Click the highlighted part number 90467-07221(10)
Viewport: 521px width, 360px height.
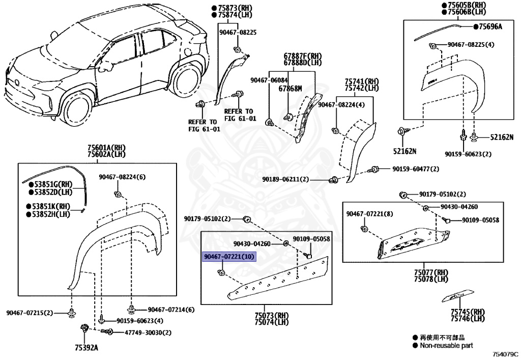pos(228,257)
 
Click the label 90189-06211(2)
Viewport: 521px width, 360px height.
pos(285,179)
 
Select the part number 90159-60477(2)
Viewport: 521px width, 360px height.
pos(415,169)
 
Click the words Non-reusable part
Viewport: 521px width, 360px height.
pos(446,345)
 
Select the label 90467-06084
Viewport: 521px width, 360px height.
pos(269,80)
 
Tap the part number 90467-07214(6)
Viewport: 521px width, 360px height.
pos(171,310)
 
